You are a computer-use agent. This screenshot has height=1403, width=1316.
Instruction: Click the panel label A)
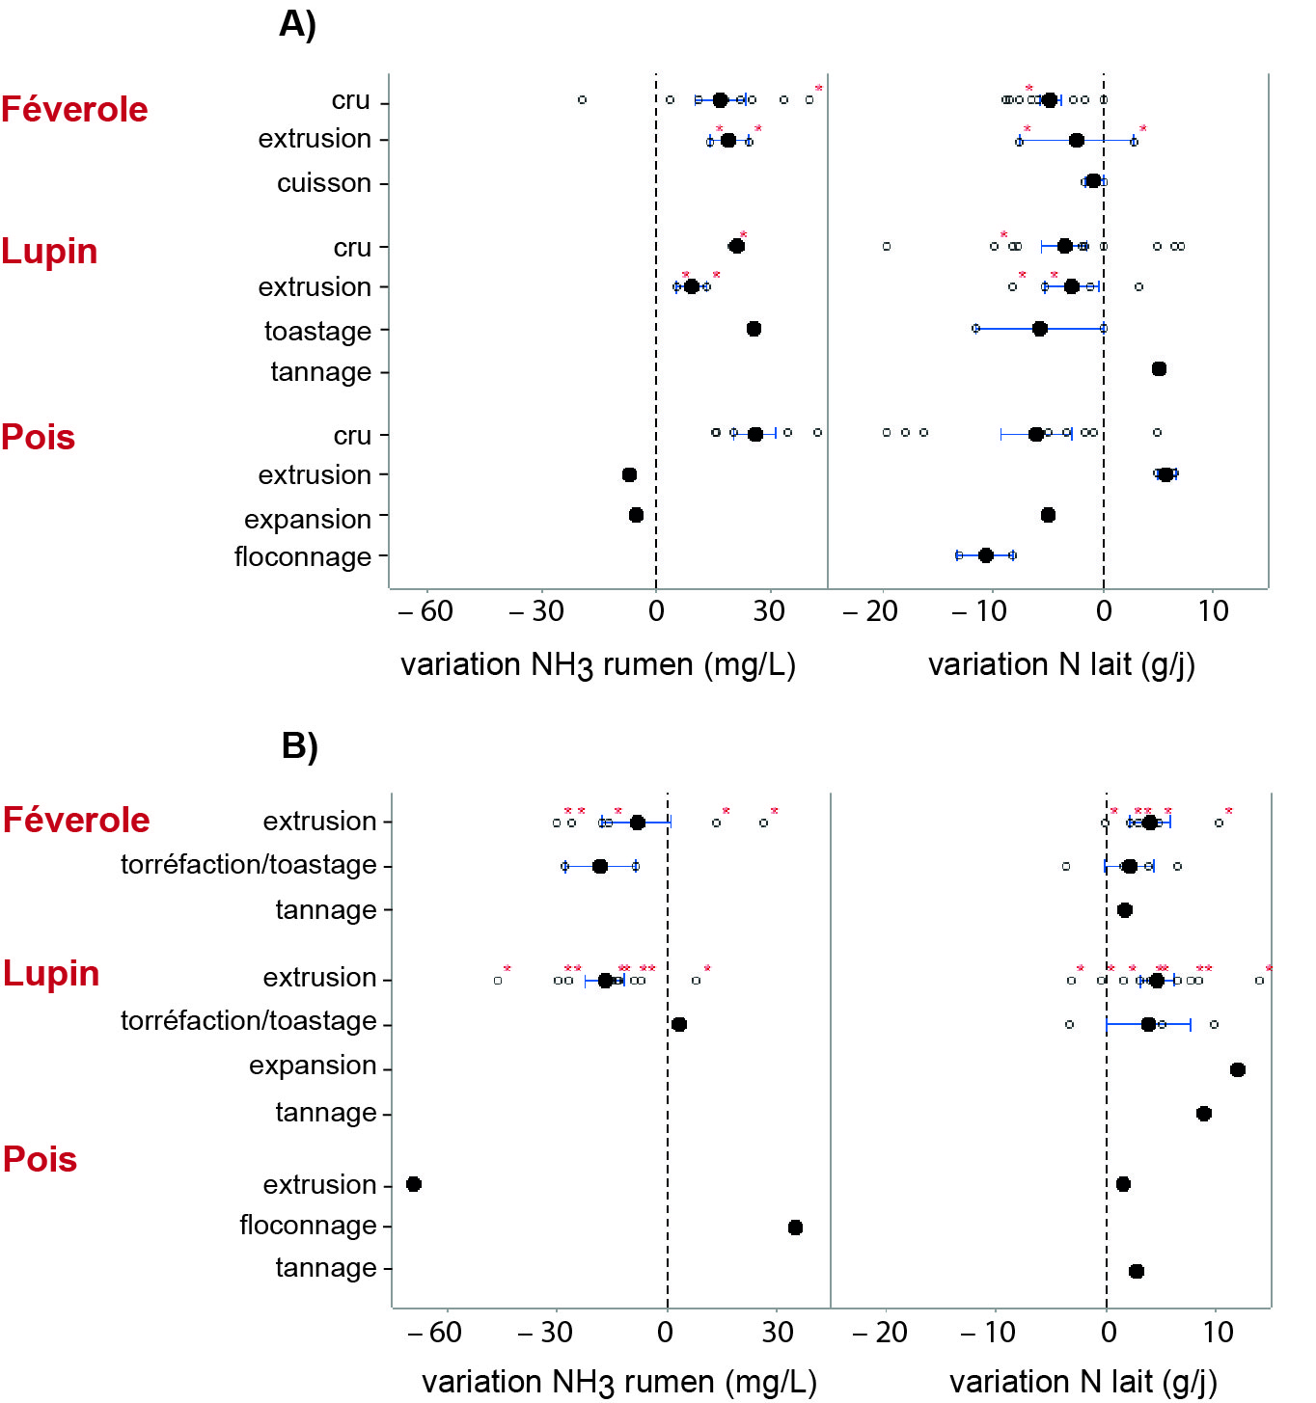point(297,24)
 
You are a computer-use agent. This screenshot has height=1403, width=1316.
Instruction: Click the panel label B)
point(299,745)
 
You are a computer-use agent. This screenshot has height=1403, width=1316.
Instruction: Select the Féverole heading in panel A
point(74,109)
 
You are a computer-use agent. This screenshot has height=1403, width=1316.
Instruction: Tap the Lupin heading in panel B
point(51,973)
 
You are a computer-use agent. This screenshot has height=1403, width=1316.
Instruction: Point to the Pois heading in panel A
point(38,437)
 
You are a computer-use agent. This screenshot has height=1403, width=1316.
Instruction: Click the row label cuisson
point(323,182)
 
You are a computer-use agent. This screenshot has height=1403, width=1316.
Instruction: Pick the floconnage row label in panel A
point(302,556)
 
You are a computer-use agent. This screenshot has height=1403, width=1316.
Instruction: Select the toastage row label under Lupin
point(317,331)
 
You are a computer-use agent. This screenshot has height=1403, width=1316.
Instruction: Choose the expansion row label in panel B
point(313,1065)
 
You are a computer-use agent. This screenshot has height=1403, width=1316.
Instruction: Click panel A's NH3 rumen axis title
point(597,665)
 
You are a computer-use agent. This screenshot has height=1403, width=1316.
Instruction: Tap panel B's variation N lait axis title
point(1083,1382)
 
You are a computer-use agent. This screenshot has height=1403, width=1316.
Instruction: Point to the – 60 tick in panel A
point(425,610)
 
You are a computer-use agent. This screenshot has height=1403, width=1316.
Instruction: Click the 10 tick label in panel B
point(1218,1333)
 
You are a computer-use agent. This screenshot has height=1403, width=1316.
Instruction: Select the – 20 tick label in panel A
point(870,610)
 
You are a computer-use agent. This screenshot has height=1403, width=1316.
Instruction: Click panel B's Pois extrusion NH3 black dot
point(414,1184)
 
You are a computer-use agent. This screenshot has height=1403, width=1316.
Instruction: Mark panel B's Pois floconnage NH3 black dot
point(795,1228)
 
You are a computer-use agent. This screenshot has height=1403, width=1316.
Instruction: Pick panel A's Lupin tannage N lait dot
point(1159,369)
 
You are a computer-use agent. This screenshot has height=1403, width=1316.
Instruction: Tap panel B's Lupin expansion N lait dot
point(1238,1069)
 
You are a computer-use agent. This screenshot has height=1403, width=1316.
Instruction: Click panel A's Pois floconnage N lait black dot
point(986,555)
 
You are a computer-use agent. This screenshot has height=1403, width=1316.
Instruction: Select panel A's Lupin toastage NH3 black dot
point(754,329)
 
